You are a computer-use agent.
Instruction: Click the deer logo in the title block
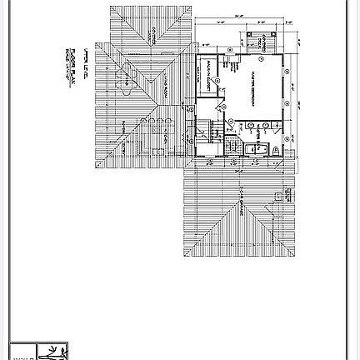pyautogui.click(x=56, y=352)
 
